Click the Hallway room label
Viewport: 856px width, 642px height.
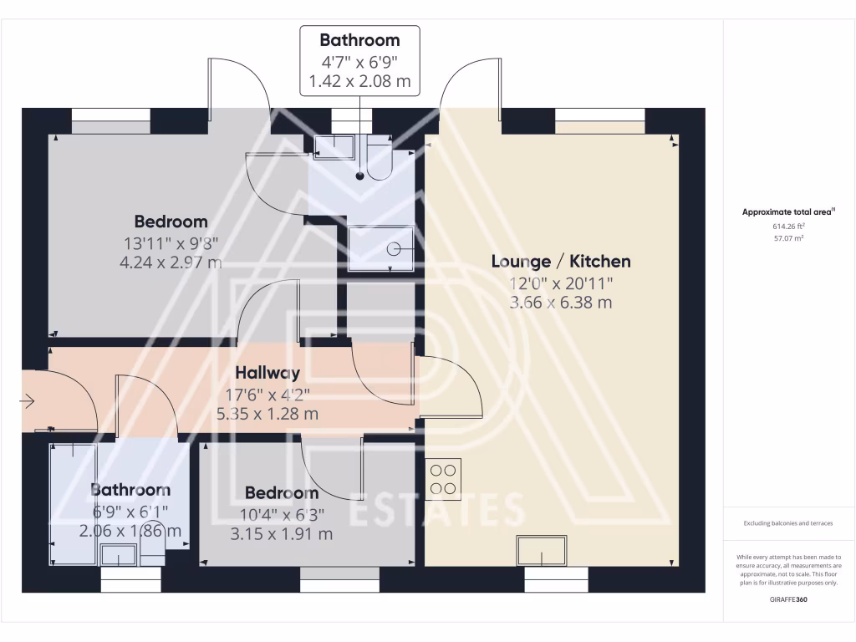[x=267, y=373]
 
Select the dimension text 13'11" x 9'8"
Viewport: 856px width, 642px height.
[x=171, y=243]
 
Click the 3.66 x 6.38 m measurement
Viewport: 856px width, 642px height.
[x=560, y=302]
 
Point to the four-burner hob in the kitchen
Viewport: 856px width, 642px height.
[x=443, y=479]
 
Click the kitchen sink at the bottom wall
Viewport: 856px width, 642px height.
[x=542, y=552]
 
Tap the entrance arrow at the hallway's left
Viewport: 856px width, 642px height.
[x=27, y=402]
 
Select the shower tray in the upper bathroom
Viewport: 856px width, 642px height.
[x=381, y=247]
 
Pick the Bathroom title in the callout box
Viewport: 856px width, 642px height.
[x=359, y=40]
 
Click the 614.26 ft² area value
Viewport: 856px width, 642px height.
[x=788, y=226]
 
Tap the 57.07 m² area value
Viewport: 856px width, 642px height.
[x=788, y=238]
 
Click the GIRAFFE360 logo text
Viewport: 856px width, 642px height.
[x=788, y=599]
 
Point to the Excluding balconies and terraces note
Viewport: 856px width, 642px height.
[x=788, y=523]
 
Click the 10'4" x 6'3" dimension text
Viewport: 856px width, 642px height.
[x=281, y=514]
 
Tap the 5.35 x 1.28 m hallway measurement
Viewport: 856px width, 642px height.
[x=267, y=413]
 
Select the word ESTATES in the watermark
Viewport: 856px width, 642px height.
[x=435, y=510]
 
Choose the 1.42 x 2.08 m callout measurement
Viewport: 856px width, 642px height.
[x=359, y=82]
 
